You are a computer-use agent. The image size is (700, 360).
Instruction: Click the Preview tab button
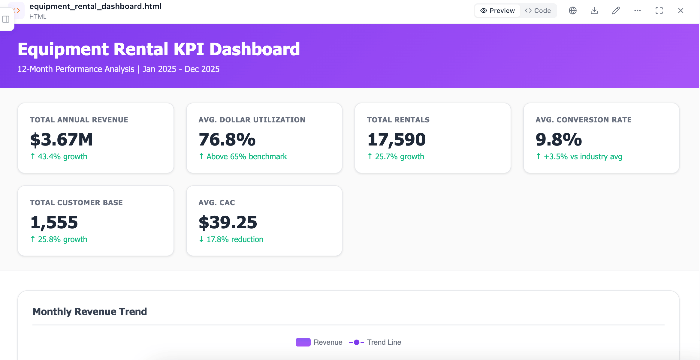coord(497,11)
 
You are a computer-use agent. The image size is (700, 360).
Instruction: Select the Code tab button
coord(538,11)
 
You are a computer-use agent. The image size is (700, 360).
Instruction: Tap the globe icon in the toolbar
coord(573,11)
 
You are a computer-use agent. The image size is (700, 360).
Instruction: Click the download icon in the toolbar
coord(594,11)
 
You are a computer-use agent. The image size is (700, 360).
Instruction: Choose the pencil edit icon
coord(616,11)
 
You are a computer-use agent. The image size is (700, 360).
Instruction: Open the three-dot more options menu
coord(638,11)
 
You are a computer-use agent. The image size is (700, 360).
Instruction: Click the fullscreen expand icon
coord(659,11)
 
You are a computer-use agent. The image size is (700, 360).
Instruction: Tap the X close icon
coord(681,11)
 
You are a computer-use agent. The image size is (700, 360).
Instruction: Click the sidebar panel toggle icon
coord(6,19)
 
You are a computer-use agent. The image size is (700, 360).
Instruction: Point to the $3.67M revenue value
coord(62,139)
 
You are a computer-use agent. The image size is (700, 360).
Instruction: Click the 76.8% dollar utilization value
coord(227,139)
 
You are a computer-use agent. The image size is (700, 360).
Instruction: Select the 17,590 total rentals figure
coord(397,140)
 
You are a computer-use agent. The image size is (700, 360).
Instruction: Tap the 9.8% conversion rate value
coord(559,139)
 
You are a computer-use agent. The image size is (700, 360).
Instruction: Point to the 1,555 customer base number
coord(54,223)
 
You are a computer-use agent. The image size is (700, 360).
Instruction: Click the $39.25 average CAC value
coord(228,222)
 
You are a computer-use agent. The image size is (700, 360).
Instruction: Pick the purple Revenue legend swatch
coord(303,342)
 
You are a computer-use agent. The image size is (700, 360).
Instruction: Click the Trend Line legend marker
coord(357,342)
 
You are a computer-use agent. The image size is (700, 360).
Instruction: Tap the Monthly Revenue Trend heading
coord(90,312)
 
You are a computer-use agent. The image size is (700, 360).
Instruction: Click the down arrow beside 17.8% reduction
coord(201,239)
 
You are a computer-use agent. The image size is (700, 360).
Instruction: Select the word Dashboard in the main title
coord(255,49)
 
